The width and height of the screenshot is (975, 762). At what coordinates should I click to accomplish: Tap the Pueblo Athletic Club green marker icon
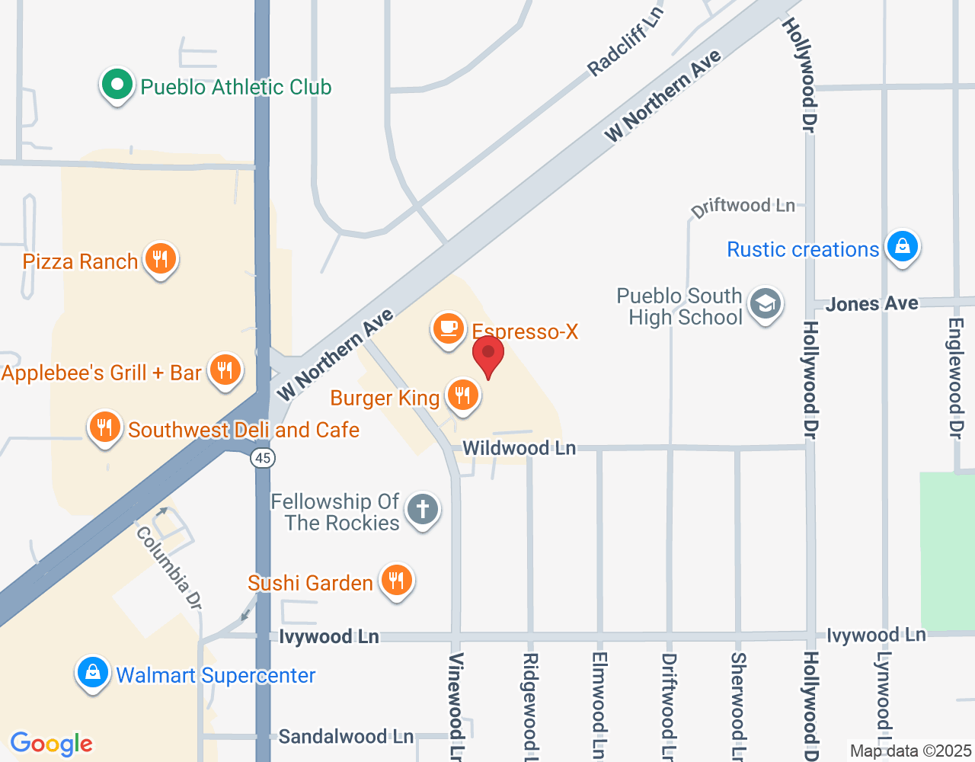pos(117,85)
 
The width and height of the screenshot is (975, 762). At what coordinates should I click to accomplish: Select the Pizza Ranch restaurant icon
pos(160,260)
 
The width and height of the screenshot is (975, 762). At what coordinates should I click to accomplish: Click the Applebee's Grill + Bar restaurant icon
pos(225,371)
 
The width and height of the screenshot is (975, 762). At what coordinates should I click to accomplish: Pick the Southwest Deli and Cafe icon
pos(105,428)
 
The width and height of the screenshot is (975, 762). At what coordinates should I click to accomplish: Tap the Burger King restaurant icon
pos(462,395)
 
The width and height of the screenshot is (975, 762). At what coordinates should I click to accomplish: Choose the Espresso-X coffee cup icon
pos(449,329)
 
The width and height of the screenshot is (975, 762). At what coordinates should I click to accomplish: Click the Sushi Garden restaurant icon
pos(396,581)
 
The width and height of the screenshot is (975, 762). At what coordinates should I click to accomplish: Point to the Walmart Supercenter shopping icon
pos(93,674)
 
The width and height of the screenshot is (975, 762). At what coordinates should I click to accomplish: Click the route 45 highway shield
pos(263,458)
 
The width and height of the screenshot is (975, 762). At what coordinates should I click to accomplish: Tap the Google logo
pos(52,744)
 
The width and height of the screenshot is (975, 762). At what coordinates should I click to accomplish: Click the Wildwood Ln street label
pos(519,448)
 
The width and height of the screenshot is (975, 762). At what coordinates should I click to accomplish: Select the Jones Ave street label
pos(871,304)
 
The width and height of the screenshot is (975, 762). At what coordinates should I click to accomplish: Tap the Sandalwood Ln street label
pos(345,736)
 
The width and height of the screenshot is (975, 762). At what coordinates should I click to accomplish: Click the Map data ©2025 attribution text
pos(910,751)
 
